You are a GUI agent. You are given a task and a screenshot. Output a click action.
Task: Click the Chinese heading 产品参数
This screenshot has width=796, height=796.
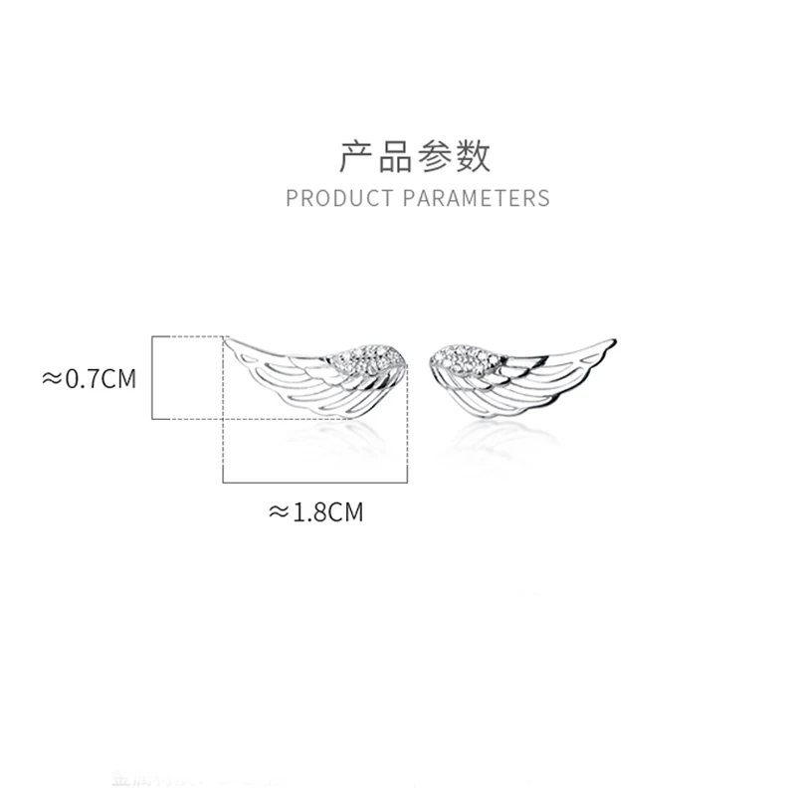[x=416, y=156]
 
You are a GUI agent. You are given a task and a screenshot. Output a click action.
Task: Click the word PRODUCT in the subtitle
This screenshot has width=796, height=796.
[x=339, y=198]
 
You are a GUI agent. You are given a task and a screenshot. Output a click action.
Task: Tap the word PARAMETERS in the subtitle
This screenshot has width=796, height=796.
[x=476, y=198]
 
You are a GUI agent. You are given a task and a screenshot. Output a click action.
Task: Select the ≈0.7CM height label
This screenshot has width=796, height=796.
[x=88, y=379]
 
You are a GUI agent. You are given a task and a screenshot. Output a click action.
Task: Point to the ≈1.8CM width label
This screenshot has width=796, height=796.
[x=316, y=512]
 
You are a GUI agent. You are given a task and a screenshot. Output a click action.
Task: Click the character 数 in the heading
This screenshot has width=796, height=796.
[x=475, y=156]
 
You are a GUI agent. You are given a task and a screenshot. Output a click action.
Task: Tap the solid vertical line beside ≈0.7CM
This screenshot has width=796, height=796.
[x=151, y=378]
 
